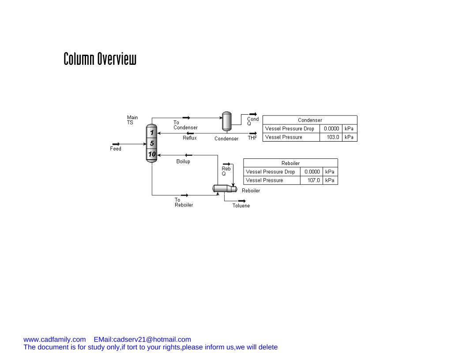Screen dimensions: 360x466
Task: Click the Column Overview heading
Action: (x=100, y=59)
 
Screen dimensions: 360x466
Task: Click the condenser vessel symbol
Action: (x=226, y=121)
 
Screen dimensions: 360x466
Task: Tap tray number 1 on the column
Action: (x=152, y=132)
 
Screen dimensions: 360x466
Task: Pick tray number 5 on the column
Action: (x=152, y=143)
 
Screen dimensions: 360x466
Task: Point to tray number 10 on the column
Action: (x=152, y=154)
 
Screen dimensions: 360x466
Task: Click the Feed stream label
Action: (x=116, y=149)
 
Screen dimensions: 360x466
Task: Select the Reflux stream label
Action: (x=190, y=138)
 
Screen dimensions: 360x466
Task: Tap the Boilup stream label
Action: (x=183, y=161)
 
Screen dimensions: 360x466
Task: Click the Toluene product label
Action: (x=241, y=206)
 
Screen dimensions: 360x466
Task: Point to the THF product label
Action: (x=252, y=138)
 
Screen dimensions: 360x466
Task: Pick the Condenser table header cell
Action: (x=310, y=120)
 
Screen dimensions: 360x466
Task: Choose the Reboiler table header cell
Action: (x=290, y=163)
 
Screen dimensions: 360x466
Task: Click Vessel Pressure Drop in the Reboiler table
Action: (x=270, y=172)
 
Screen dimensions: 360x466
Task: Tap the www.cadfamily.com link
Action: (x=54, y=339)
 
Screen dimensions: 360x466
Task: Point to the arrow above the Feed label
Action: (x=116, y=144)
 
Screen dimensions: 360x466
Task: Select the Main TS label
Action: (x=132, y=120)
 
